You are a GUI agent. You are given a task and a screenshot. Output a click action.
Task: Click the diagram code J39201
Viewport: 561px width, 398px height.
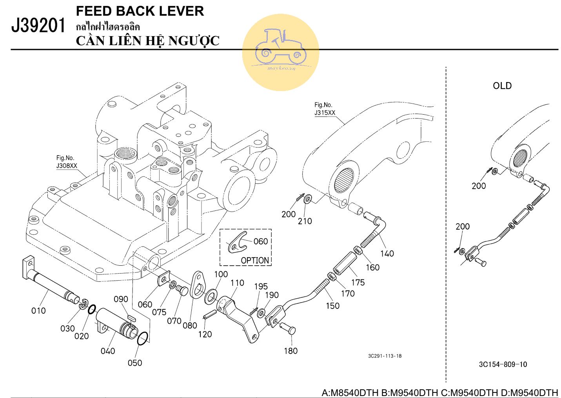(x=38, y=26)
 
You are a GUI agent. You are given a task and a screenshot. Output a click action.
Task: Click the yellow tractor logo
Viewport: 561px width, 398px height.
(x=281, y=52)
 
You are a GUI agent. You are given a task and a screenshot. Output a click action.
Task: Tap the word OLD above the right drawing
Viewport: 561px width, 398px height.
(x=502, y=86)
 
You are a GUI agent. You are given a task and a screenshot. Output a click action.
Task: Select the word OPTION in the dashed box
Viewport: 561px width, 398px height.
(x=255, y=260)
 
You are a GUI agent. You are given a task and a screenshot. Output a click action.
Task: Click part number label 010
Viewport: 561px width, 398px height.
(x=38, y=311)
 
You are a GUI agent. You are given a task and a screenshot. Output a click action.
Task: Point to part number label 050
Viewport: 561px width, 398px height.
(x=134, y=363)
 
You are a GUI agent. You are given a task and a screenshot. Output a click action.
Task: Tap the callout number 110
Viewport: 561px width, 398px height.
(x=237, y=283)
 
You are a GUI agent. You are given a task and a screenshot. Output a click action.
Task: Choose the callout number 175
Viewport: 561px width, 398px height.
(x=358, y=282)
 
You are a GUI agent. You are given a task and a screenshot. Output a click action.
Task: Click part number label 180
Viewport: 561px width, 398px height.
(x=290, y=351)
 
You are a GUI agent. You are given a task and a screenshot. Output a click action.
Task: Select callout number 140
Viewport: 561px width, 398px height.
(x=387, y=254)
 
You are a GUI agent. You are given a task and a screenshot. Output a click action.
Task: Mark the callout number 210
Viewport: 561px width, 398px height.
(x=305, y=221)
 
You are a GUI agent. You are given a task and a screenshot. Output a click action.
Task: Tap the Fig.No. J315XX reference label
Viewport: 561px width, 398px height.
(x=325, y=109)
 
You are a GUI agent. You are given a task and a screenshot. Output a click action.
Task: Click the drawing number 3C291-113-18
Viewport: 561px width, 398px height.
(x=385, y=356)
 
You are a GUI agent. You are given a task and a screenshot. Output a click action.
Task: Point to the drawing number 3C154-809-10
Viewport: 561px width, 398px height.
(x=503, y=364)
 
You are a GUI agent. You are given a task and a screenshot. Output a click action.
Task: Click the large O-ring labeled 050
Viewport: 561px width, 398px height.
(x=143, y=339)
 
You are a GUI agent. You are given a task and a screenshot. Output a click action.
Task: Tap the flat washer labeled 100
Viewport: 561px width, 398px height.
(x=212, y=294)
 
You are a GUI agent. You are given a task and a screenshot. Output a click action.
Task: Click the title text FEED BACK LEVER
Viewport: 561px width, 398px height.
(x=140, y=11)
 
